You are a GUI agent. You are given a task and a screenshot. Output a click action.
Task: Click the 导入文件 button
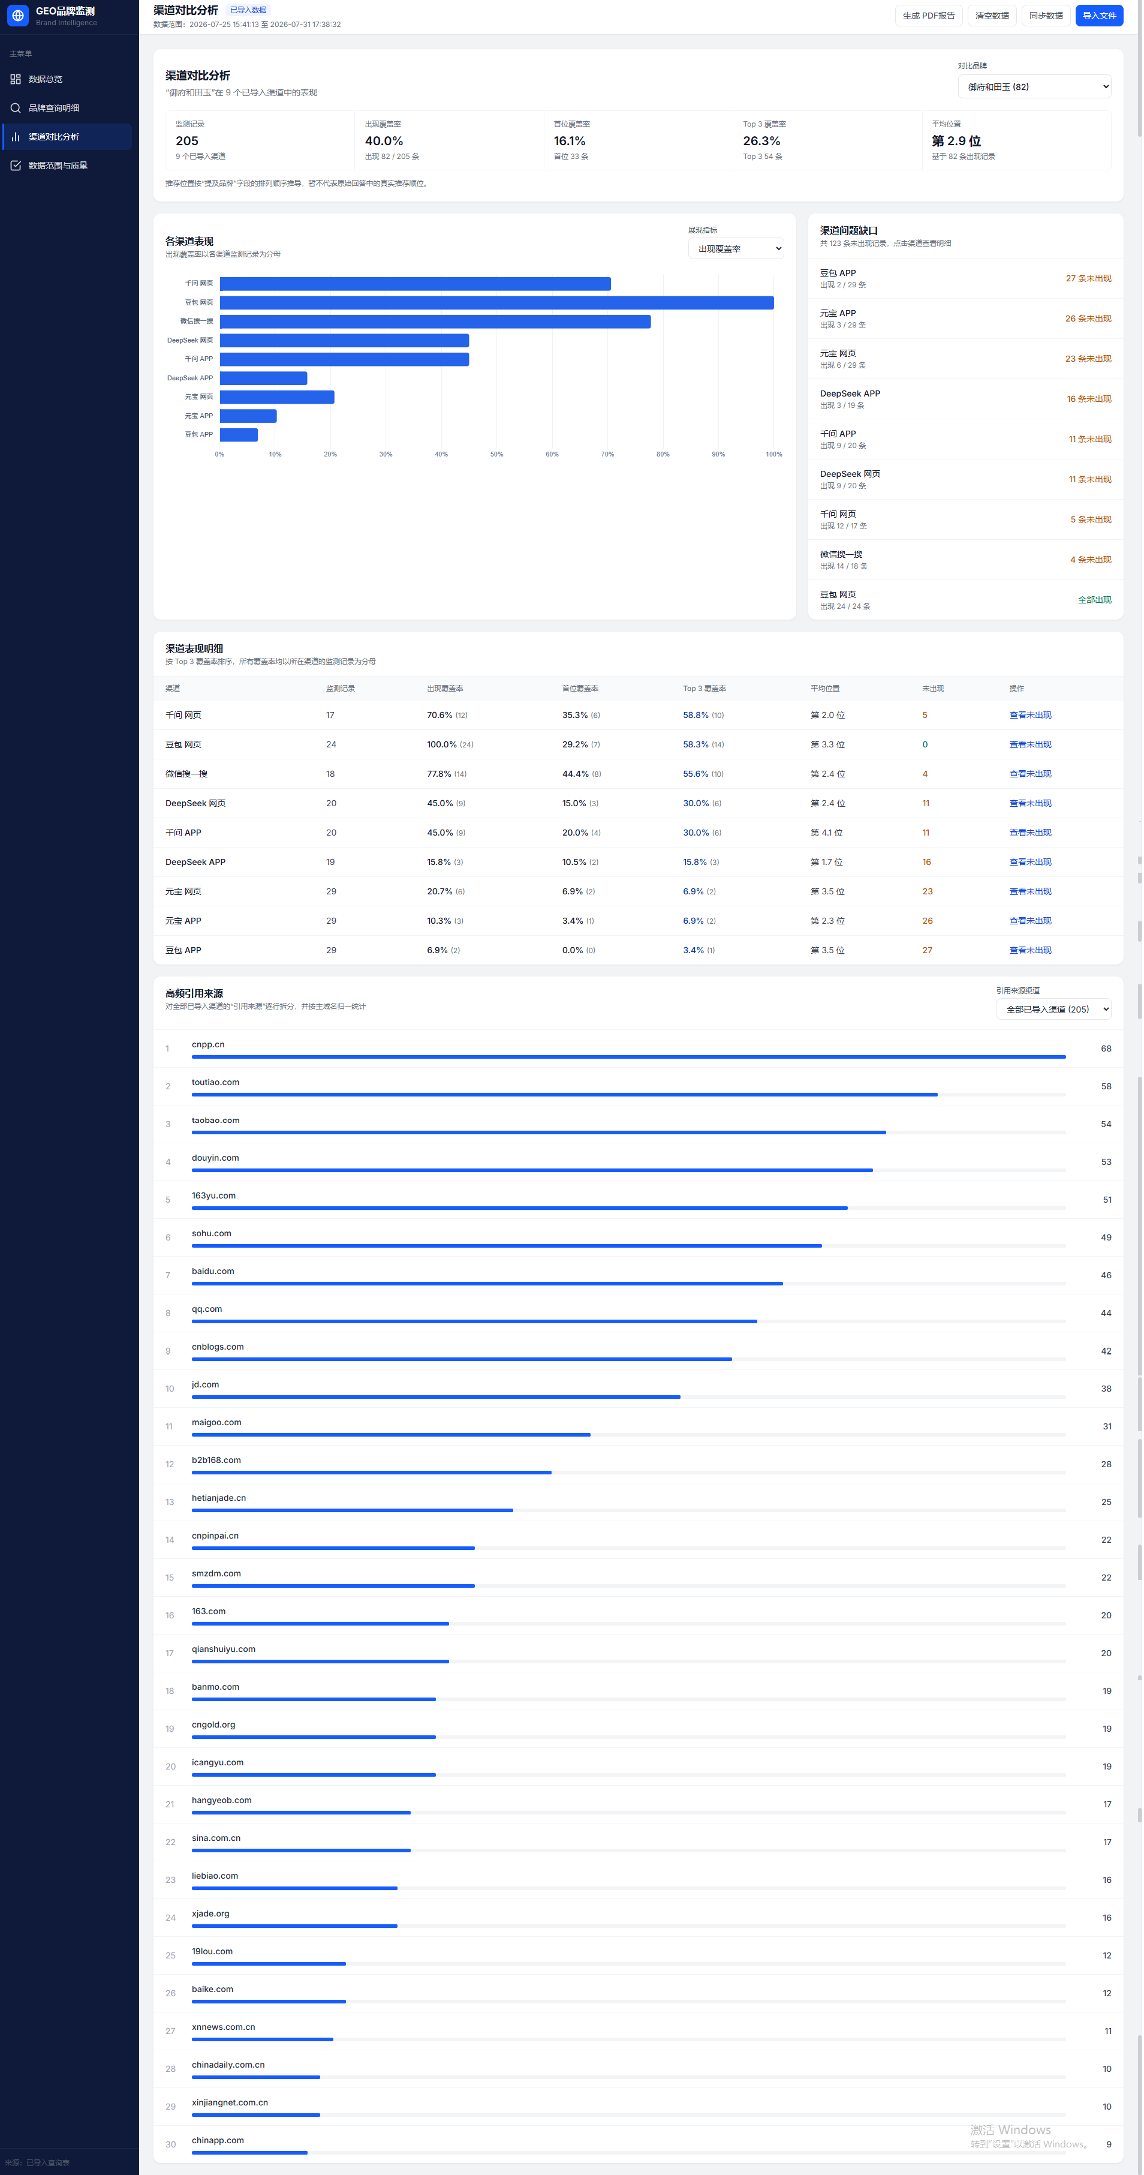point(1098,15)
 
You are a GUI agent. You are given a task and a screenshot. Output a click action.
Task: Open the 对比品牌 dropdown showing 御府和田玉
point(1034,87)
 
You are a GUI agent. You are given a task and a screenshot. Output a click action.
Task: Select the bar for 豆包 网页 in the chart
point(496,302)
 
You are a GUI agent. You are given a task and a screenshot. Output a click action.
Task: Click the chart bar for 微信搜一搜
point(435,322)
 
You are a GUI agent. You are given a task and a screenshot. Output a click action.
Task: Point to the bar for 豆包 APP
point(239,435)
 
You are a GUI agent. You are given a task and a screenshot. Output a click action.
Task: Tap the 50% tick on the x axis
point(496,454)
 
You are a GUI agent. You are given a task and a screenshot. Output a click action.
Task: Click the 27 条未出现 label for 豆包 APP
point(1088,279)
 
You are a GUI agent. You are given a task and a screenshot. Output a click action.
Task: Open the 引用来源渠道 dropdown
point(1053,1009)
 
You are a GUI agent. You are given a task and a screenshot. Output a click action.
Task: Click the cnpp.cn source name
point(207,1044)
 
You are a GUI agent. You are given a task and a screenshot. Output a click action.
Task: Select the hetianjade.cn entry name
point(219,1498)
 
